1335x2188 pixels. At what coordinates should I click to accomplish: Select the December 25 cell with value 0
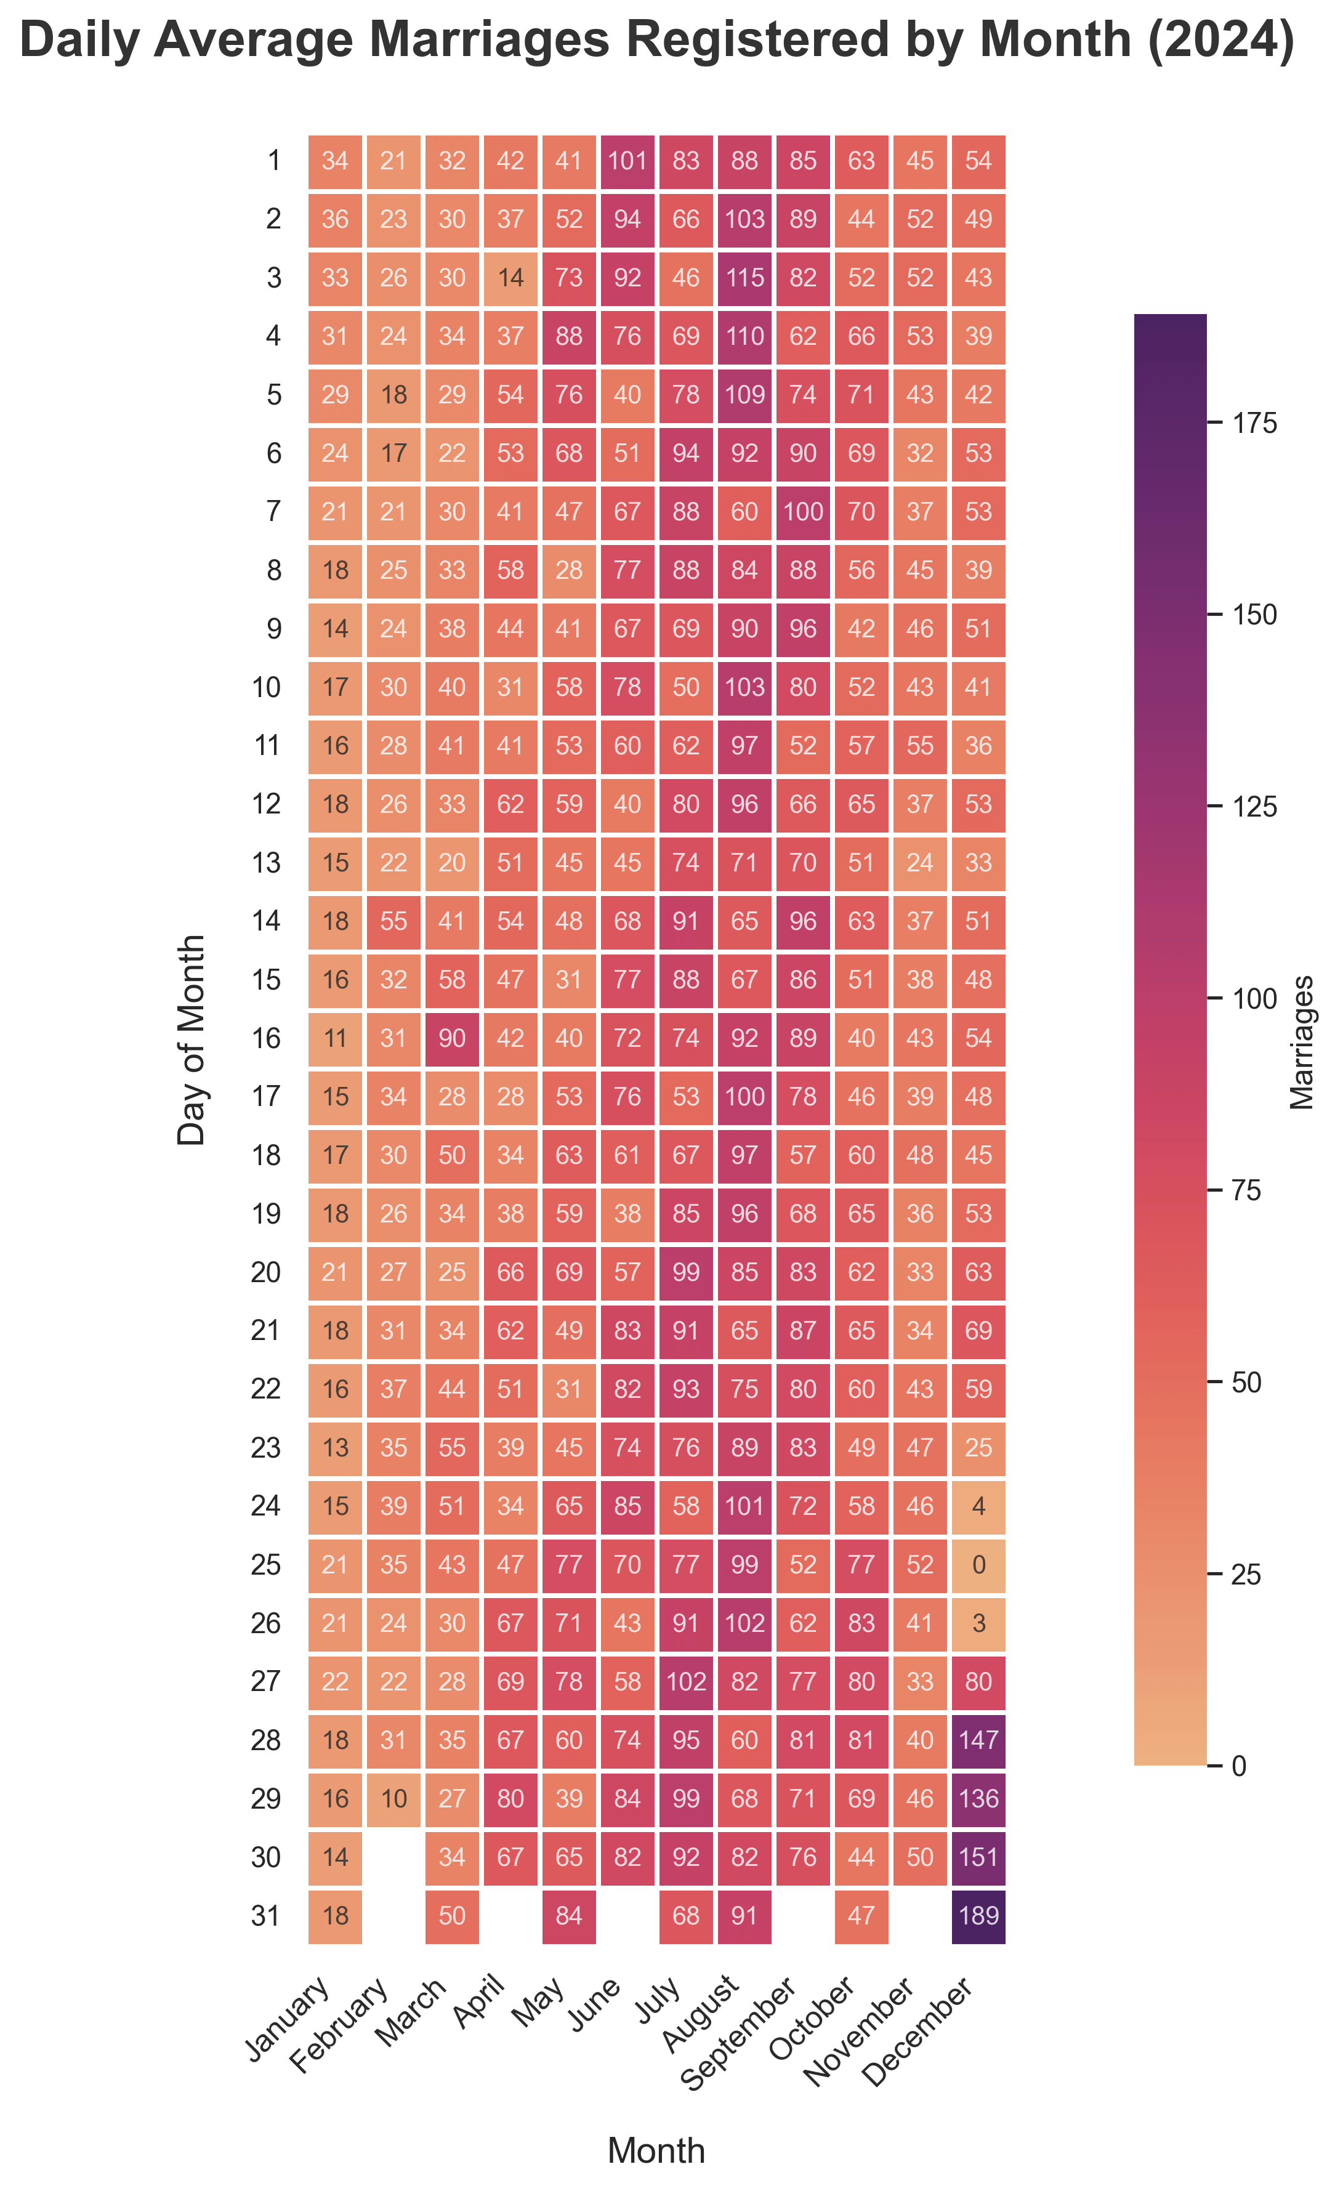pyautogui.click(x=978, y=1565)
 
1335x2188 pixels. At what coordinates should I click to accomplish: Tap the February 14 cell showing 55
pyautogui.click(x=393, y=921)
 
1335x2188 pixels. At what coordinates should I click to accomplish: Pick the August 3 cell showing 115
pyautogui.click(x=744, y=277)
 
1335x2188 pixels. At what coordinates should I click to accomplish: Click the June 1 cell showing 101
pyautogui.click(x=627, y=160)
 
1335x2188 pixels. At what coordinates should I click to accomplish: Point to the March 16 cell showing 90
pyautogui.click(x=452, y=1038)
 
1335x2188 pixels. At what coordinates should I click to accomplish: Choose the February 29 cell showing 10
pyautogui.click(x=393, y=1799)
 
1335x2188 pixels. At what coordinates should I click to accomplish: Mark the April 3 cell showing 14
pyautogui.click(x=510, y=277)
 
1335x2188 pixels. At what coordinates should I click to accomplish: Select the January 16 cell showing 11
pyautogui.click(x=336, y=1038)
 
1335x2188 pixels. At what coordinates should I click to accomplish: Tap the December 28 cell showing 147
pyautogui.click(x=978, y=1740)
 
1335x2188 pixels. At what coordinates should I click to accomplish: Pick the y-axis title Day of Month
pyautogui.click(x=192, y=1039)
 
